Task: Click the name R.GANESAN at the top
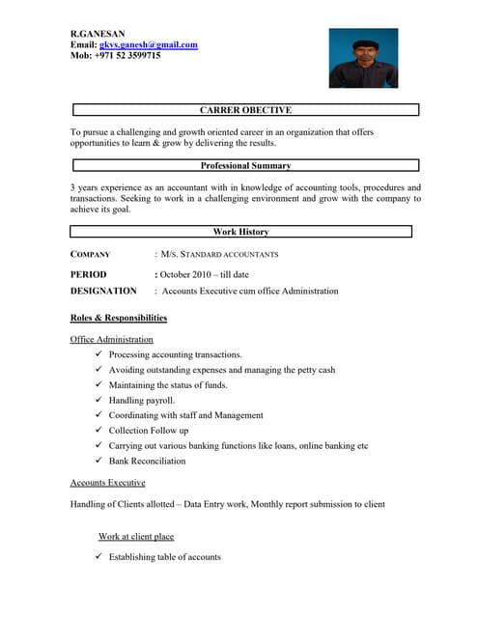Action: tap(98, 34)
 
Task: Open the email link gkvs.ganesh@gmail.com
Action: tap(149, 44)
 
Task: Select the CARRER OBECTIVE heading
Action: tap(245, 110)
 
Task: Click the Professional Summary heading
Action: tap(245, 165)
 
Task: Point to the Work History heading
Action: tap(240, 232)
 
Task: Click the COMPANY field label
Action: tap(91, 255)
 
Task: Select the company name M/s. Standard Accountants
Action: tap(219, 255)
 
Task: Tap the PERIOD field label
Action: tap(88, 274)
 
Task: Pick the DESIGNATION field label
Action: tap(103, 291)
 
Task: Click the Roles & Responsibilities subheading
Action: tap(119, 318)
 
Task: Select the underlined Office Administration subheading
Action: tap(112, 340)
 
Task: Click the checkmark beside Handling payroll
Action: tap(99, 400)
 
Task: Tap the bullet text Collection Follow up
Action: tap(149, 431)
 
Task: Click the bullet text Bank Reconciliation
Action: tap(147, 461)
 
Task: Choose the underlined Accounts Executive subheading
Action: tap(108, 482)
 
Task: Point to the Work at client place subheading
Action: tap(136, 536)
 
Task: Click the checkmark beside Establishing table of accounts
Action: tap(99, 557)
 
